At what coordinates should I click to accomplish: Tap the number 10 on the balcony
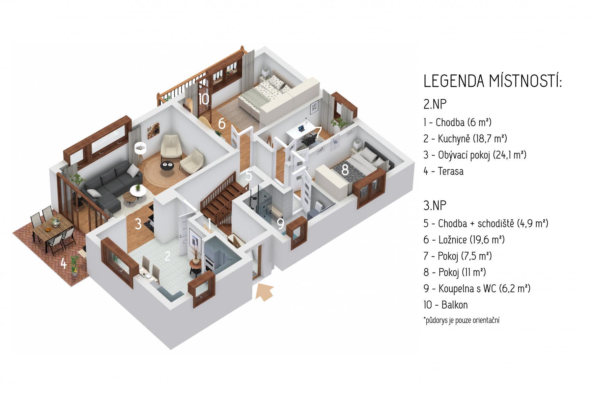point(204,99)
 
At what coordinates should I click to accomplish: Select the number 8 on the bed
point(345,170)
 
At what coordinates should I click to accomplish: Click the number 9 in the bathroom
point(280,224)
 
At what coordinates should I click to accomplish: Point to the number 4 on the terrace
point(64,263)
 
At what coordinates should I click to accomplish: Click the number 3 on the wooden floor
point(138,224)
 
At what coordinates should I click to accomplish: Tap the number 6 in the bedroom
point(222,124)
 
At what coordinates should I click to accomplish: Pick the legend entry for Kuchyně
point(465,139)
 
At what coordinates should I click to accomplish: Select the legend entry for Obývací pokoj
point(475,155)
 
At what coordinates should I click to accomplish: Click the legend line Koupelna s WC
point(477,289)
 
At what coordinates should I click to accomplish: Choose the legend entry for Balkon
point(446,305)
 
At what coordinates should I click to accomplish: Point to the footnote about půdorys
point(461,320)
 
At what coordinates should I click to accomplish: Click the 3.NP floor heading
point(435,205)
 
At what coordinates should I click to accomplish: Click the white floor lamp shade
point(141,148)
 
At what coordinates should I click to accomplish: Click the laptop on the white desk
point(301,128)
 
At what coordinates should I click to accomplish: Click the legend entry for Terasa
point(443,171)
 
